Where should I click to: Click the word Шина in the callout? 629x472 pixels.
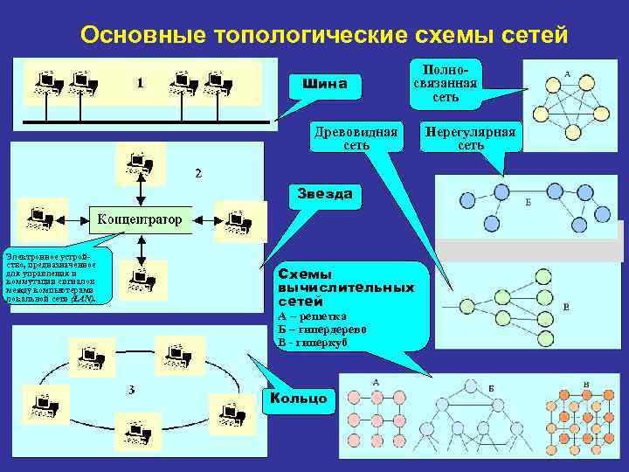tap(324, 84)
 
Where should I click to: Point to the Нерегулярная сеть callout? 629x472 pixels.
tap(470, 138)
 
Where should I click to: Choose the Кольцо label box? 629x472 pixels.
tap(299, 399)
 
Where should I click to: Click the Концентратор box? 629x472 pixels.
tap(140, 219)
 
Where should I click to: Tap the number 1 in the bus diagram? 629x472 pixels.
tap(140, 83)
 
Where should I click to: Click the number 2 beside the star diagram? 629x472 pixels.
tap(197, 173)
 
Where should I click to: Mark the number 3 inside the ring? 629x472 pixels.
tap(129, 389)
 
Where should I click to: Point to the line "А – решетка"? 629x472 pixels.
tap(312, 316)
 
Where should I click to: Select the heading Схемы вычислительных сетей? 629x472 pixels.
tap(345, 287)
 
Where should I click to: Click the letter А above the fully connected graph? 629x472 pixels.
tap(568, 75)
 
